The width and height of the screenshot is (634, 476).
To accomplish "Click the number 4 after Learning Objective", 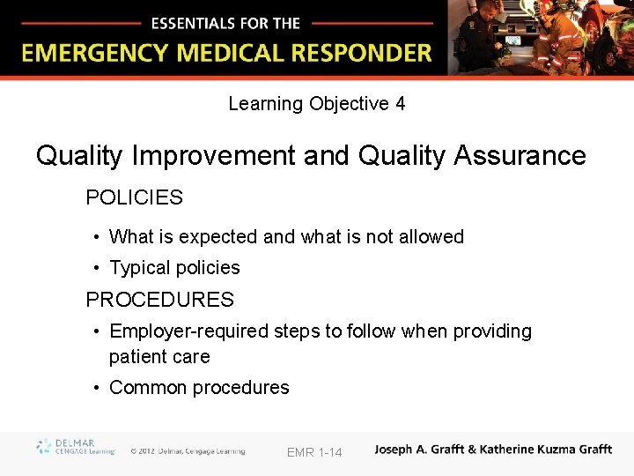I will pos(401,104).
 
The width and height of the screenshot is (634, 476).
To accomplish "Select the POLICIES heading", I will pos(134,197).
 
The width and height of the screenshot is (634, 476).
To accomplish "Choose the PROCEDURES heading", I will pos(159,300).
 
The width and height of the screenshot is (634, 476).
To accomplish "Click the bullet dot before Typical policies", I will pos(96,268).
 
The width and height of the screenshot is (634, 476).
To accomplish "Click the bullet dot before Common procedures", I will pos(96,388).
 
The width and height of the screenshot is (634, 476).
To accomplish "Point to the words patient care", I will pos(159,357).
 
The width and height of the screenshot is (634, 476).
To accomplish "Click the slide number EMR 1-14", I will pos(314,452).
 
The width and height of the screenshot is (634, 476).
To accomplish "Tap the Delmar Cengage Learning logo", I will pos(75,447).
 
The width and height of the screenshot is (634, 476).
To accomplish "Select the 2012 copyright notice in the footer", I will pos(188,451).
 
